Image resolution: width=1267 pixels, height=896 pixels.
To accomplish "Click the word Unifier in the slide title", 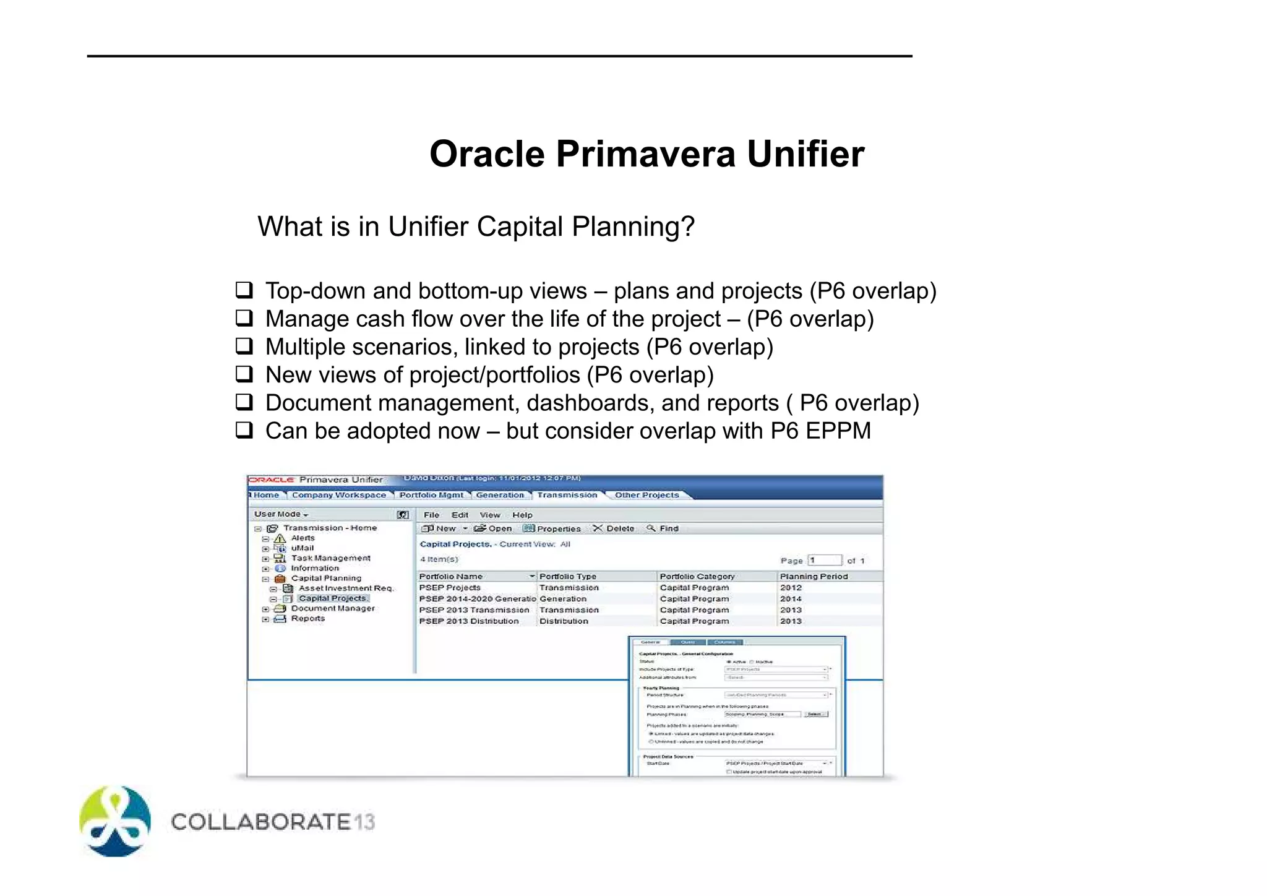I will [805, 154].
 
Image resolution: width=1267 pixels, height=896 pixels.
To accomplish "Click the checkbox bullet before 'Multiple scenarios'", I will [244, 346].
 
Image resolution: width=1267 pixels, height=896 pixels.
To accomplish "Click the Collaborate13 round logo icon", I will [115, 821].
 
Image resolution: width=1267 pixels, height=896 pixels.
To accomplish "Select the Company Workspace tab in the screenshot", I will [338, 495].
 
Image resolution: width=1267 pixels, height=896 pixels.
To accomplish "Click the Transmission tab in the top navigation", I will [567, 495].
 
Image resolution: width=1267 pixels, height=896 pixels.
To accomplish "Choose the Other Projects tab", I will [646, 495].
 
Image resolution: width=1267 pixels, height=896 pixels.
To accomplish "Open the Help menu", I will [522, 515].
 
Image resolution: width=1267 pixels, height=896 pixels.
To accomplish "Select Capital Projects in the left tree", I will [332, 598].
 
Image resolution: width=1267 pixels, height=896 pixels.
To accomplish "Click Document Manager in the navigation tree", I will [333, 608].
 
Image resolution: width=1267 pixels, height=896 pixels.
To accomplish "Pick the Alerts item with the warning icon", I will [303, 538].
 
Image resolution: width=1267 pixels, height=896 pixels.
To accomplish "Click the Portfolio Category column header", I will [697, 576].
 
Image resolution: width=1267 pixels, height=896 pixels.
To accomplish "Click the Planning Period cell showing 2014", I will [791, 599].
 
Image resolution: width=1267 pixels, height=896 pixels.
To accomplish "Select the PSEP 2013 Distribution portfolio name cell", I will [469, 621].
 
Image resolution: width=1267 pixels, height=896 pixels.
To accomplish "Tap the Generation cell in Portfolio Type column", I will [563, 599].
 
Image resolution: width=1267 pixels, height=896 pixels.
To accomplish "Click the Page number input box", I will [825, 560].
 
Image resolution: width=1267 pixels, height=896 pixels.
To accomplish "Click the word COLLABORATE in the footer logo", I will [260, 822].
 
